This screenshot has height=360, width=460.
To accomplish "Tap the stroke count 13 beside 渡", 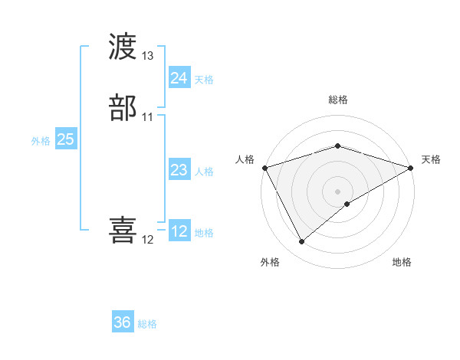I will click(x=148, y=57).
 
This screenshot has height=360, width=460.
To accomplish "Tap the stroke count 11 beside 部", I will click(x=148, y=117).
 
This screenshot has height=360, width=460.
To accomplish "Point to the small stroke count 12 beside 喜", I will click(x=148, y=240).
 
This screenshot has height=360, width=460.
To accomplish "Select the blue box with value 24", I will click(x=179, y=78).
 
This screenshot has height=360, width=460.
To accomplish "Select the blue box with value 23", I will click(x=179, y=170).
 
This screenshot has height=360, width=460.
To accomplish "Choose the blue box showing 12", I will click(x=179, y=231).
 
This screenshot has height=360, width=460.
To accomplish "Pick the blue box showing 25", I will click(x=65, y=139).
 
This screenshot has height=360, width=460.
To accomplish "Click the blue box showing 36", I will click(x=123, y=322).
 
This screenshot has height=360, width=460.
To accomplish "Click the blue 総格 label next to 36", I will click(x=147, y=324).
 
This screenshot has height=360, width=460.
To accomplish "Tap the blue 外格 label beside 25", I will click(x=41, y=141).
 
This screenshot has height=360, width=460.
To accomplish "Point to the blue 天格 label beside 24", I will click(x=204, y=80).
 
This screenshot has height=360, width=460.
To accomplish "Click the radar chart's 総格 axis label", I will click(x=338, y=100).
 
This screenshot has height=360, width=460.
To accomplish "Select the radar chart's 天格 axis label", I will click(x=432, y=159).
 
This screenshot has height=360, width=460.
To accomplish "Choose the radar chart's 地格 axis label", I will click(x=402, y=262).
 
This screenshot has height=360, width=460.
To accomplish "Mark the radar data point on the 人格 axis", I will click(x=264, y=168).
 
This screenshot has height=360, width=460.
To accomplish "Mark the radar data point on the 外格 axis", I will click(x=301, y=242).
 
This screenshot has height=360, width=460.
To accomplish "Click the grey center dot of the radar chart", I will click(x=338, y=191).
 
